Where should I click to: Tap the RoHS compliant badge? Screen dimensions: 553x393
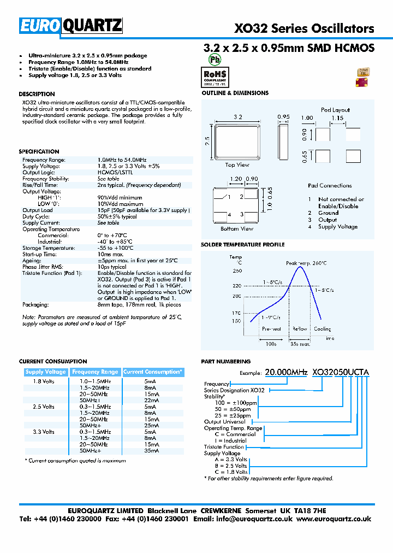(216, 76)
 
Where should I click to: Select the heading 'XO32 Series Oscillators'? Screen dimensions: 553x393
(304, 28)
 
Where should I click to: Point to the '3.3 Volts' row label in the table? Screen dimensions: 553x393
(44, 432)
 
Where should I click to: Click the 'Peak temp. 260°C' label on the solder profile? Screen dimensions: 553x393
(307, 263)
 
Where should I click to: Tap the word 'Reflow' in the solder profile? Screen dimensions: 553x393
(300, 329)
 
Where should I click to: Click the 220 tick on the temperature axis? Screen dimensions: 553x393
(236, 285)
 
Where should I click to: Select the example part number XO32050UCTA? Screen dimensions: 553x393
(341, 373)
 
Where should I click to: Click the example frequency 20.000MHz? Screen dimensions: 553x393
(287, 373)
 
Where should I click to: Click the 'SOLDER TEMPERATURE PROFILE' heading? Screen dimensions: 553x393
(243, 245)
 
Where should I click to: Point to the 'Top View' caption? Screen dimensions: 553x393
(237, 164)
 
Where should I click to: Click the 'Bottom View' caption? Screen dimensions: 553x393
(237, 228)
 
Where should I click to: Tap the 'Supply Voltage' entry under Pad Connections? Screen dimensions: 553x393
(338, 227)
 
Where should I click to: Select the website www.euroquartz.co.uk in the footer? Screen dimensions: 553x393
(334, 519)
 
